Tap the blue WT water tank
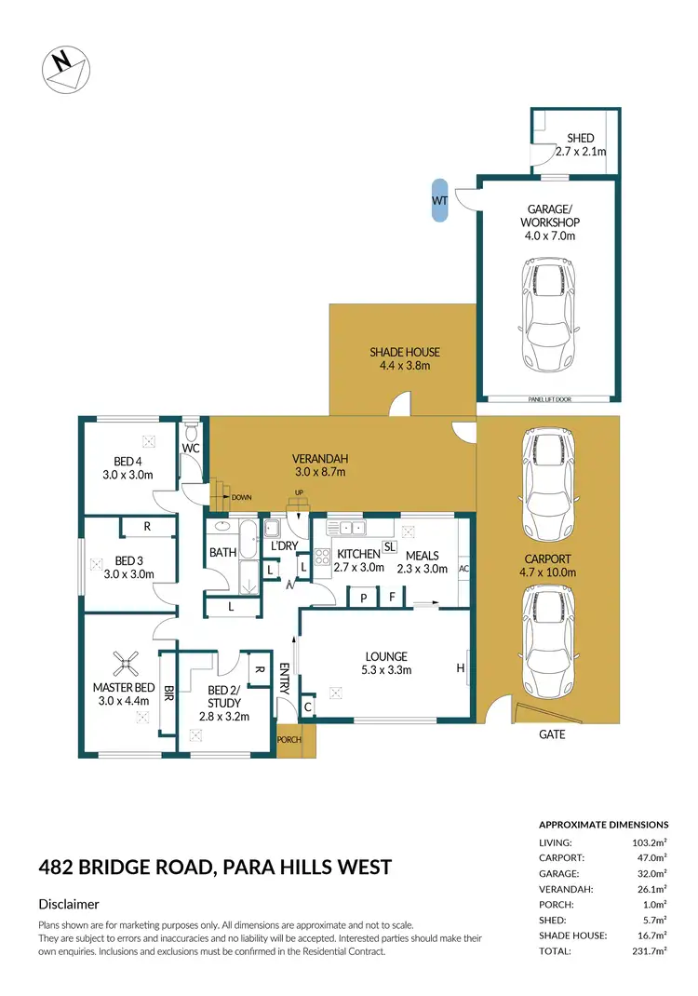(438, 201)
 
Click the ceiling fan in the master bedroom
(127, 664)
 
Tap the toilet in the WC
(191, 432)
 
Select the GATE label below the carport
(551, 734)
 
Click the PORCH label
(289, 740)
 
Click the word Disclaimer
(69, 904)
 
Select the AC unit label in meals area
(463, 568)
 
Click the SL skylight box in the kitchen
(390, 548)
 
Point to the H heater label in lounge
(460, 666)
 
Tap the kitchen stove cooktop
(323, 558)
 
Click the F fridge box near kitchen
(394, 597)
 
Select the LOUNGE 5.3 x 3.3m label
(385, 663)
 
